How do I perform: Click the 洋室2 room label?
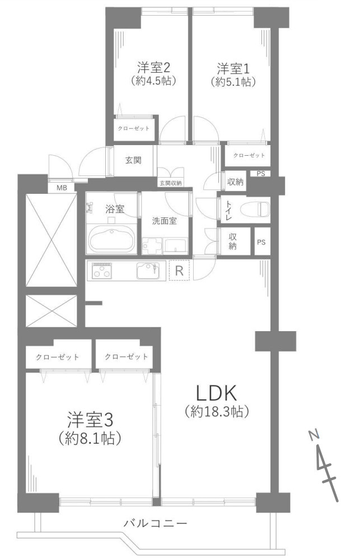coord(153,68)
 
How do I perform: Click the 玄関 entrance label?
coord(132,160)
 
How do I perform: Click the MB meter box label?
coord(62,188)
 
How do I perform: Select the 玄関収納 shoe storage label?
coord(170,183)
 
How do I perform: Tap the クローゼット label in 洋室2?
coord(133,128)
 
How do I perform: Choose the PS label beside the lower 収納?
coord(261,243)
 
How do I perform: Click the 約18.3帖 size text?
coord(217,412)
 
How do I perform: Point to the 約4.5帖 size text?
coord(154,81)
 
